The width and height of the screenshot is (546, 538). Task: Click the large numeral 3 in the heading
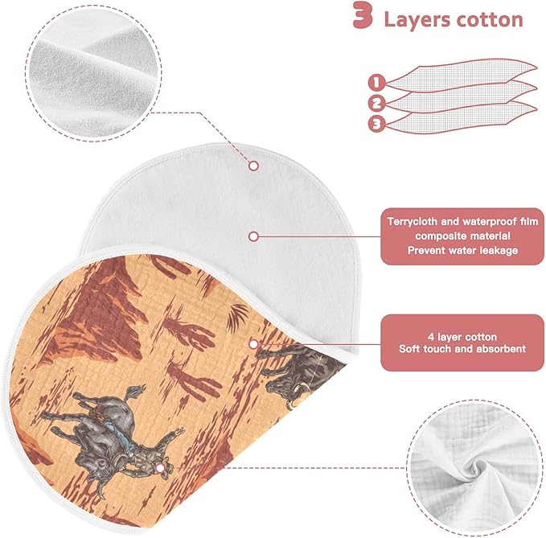pyautogui.click(x=363, y=15)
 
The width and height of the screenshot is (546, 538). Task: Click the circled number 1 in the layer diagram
pyautogui.click(x=376, y=83)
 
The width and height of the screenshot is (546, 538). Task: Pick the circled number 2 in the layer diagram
pyautogui.click(x=376, y=103)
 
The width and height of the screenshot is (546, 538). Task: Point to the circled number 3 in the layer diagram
pyautogui.click(x=376, y=124)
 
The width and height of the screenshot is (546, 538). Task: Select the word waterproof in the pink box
pyautogui.click(x=487, y=221)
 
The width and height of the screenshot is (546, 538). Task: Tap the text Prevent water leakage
pyautogui.click(x=462, y=250)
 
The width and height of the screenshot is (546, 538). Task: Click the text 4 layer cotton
pyautogui.click(x=462, y=337)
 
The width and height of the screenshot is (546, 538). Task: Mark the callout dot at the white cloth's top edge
pyautogui.click(x=254, y=166)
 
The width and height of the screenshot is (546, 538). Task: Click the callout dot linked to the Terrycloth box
pyautogui.click(x=254, y=236)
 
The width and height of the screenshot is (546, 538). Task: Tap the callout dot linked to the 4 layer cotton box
pyautogui.click(x=254, y=344)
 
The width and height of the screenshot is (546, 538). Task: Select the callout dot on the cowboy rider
pyautogui.click(x=160, y=468)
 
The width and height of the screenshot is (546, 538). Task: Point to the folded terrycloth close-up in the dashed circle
pyautogui.click(x=93, y=73)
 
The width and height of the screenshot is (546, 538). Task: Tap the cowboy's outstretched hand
pyautogui.click(x=179, y=432)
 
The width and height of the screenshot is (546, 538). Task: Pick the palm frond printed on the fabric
pyautogui.click(x=238, y=317)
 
